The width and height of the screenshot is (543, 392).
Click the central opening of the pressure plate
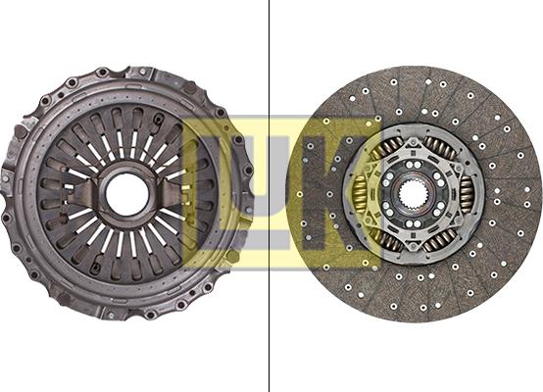point(127,194)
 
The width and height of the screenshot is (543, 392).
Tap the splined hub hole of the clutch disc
point(412,194)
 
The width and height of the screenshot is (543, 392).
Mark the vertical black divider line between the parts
point(270,196)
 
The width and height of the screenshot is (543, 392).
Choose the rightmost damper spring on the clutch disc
point(466,194)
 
